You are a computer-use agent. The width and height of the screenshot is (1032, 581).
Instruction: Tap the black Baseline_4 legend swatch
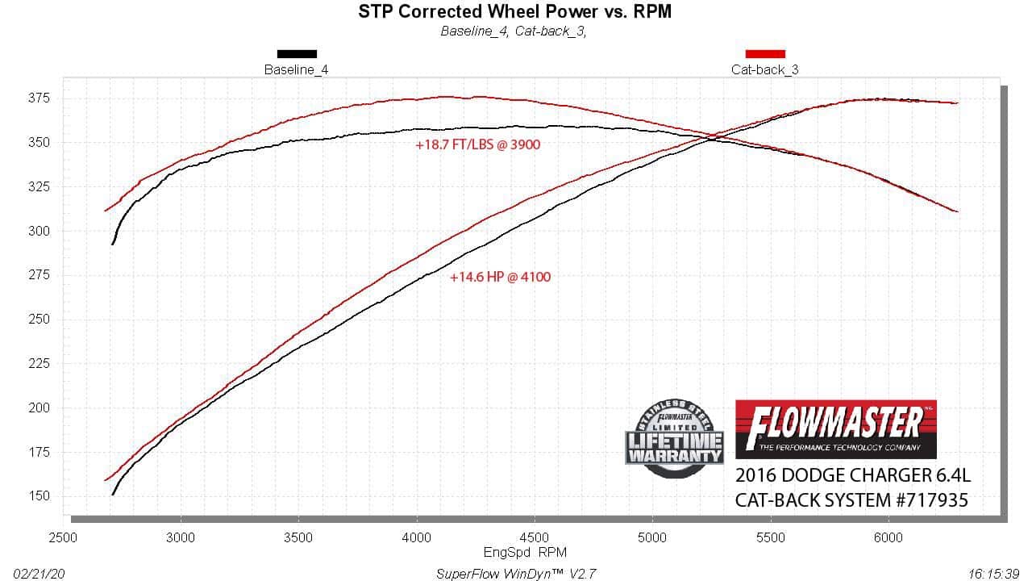click(x=297, y=54)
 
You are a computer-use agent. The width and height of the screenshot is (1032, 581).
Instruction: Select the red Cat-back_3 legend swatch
click(x=764, y=54)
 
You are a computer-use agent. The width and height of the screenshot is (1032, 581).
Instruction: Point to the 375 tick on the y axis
click(x=39, y=98)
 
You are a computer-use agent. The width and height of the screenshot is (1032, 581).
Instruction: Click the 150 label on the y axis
click(x=39, y=496)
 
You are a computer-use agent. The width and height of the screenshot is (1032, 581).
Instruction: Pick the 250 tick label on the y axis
click(x=39, y=319)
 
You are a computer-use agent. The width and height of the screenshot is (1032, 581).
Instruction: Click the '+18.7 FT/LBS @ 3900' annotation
click(x=477, y=145)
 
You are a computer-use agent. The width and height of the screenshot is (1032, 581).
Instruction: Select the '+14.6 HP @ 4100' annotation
click(x=500, y=278)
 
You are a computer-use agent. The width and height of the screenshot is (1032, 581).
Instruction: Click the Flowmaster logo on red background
click(x=836, y=428)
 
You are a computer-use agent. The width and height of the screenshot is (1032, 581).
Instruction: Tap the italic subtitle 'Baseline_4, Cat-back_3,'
click(x=513, y=31)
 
